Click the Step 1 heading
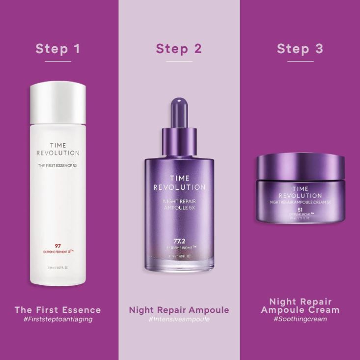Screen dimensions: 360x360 (x=57, y=49)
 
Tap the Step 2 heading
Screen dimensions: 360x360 (x=179, y=49)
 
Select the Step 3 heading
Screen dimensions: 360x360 (x=300, y=49)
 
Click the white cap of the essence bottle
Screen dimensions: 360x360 (x=57, y=103)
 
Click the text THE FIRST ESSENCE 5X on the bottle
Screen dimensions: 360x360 (x=58, y=165)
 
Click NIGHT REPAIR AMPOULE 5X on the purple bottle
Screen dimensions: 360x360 (x=179, y=205)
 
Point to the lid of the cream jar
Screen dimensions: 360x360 (x=301, y=167)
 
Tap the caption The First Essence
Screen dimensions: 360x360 (x=57, y=310)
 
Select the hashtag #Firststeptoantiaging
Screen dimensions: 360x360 (x=57, y=319)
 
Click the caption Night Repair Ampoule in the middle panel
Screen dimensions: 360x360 (x=179, y=310)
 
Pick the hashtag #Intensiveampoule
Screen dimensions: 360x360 (x=179, y=319)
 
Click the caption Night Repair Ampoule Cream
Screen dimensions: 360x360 (x=300, y=305)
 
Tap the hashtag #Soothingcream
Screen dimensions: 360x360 (x=300, y=319)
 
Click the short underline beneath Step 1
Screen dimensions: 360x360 (x=57, y=61)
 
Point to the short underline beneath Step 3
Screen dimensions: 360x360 (x=300, y=61)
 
